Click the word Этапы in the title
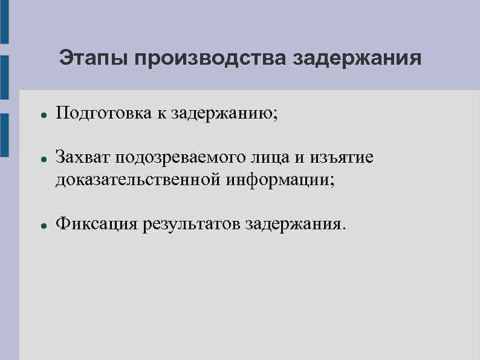[94, 59]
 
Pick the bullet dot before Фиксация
[37, 225]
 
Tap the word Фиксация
[96, 224]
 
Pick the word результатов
[191, 224]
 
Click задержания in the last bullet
[296, 224]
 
